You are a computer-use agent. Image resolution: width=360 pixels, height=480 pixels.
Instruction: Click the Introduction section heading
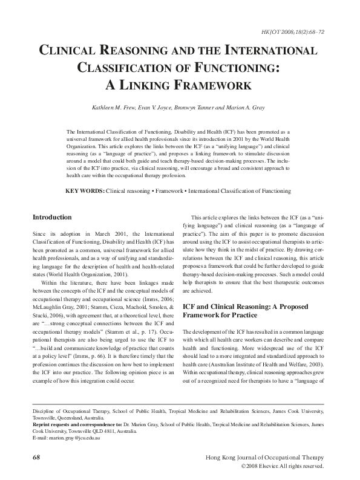52,217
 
